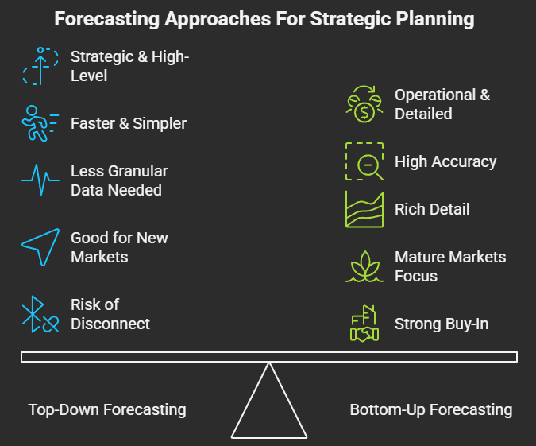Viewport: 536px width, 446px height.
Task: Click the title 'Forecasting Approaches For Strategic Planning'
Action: pos(268,19)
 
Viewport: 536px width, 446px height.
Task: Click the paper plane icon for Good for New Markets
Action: pos(40,246)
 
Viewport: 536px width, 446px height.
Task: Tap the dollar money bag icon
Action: pos(364,104)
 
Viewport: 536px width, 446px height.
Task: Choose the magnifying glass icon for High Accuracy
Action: pos(364,161)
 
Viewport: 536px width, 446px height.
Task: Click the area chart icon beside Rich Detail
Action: pos(364,209)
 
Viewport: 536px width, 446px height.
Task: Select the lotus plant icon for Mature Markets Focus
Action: pos(364,266)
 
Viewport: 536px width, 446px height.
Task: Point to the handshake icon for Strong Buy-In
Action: pos(364,324)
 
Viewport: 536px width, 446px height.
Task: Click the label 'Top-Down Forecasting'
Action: pos(107,410)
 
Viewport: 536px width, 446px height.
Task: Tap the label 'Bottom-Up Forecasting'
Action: pos(430,410)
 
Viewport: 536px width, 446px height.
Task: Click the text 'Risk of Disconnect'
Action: pos(110,314)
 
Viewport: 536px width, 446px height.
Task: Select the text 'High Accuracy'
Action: pos(445,162)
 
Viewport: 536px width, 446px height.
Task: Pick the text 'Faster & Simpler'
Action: pos(128,124)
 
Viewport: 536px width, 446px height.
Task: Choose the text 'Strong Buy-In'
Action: pos(442,324)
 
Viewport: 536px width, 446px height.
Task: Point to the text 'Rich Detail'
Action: pos(432,210)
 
